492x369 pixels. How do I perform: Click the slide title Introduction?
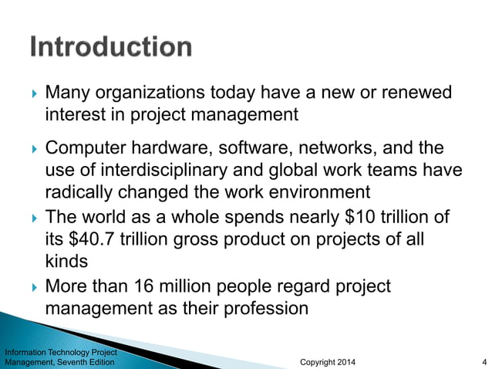(x=111, y=48)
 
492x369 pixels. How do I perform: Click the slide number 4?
(x=482, y=361)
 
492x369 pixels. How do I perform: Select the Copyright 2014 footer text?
(x=327, y=361)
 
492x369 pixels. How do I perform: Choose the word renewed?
(x=416, y=93)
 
